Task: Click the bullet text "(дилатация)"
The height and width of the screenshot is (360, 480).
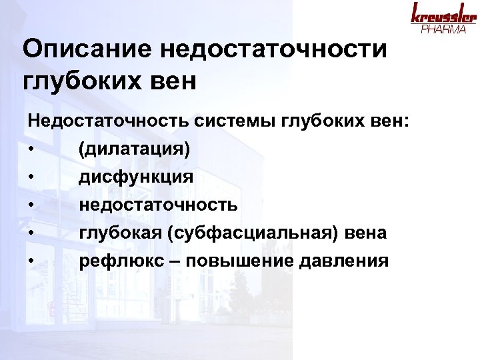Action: (x=134, y=149)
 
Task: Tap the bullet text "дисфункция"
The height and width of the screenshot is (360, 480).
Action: (x=136, y=177)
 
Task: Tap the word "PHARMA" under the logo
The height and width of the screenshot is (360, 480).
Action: (x=444, y=29)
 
